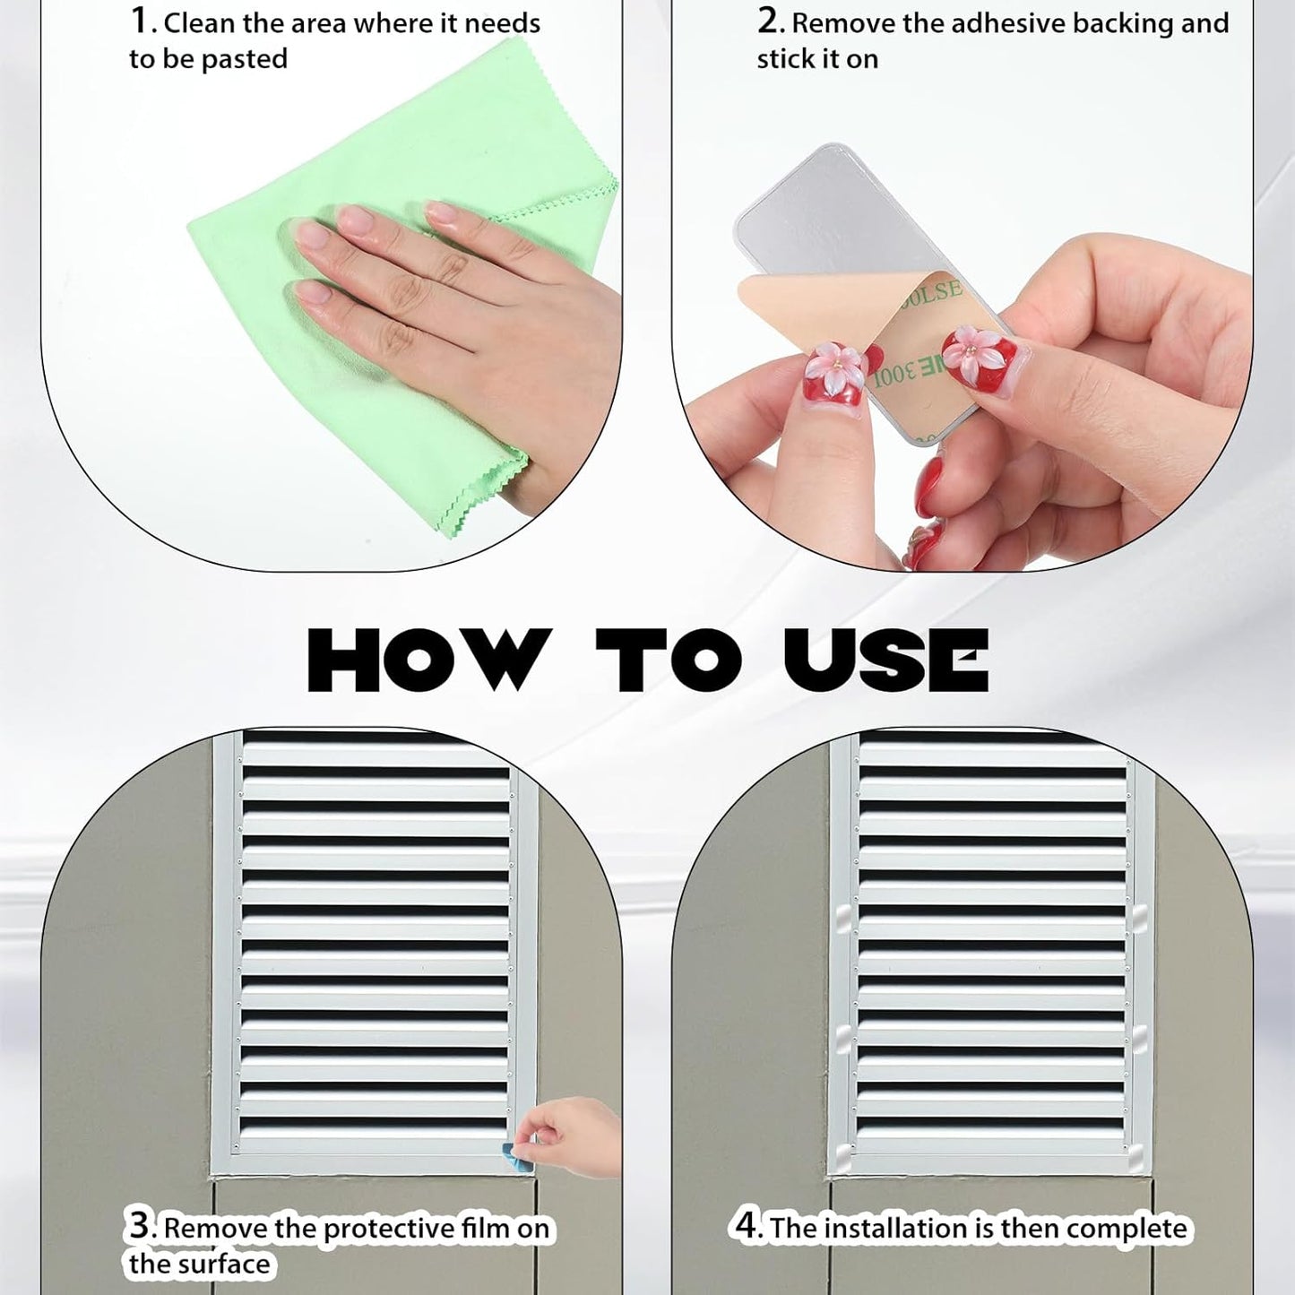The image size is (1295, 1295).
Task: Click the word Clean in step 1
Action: coord(200,23)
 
